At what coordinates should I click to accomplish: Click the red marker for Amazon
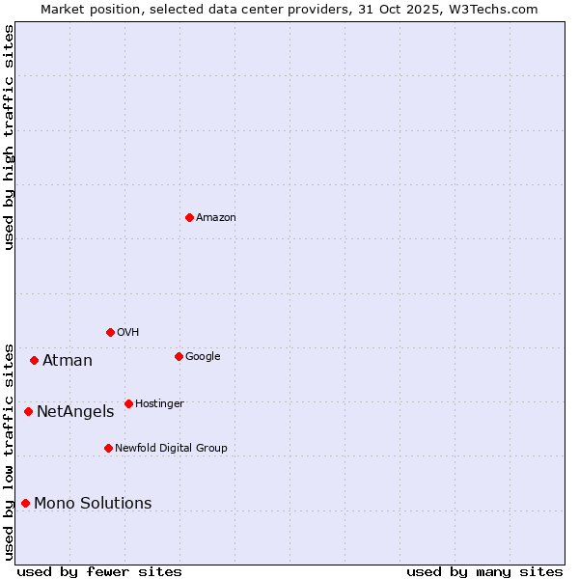pyautogui.click(x=189, y=217)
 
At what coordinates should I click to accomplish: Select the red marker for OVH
pyautogui.click(x=110, y=332)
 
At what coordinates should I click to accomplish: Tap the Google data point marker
pyautogui.click(x=179, y=356)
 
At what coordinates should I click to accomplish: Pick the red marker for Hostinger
pyautogui.click(x=128, y=403)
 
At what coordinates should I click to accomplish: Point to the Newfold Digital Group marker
pyautogui.click(x=108, y=448)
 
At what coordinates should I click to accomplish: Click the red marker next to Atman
pyautogui.click(x=34, y=360)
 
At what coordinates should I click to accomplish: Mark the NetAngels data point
pyautogui.click(x=28, y=411)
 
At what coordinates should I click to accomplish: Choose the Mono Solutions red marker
pyautogui.click(x=25, y=503)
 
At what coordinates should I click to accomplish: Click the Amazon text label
pyautogui.click(x=216, y=218)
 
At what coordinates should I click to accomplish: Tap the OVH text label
pyautogui.click(x=128, y=333)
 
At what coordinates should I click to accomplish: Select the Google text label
pyautogui.click(x=203, y=357)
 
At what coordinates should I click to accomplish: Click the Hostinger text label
pyautogui.click(x=159, y=404)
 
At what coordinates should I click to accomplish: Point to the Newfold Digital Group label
pyautogui.click(x=171, y=449)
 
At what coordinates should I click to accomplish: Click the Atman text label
pyautogui.click(x=68, y=361)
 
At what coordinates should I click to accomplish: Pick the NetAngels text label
pyautogui.click(x=75, y=412)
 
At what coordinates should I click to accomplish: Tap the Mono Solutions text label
pyautogui.click(x=93, y=504)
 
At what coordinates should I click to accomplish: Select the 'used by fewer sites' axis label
pyautogui.click(x=99, y=571)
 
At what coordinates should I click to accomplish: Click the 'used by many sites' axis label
pyautogui.click(x=484, y=571)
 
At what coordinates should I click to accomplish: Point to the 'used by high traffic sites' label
pyautogui.click(x=9, y=137)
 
